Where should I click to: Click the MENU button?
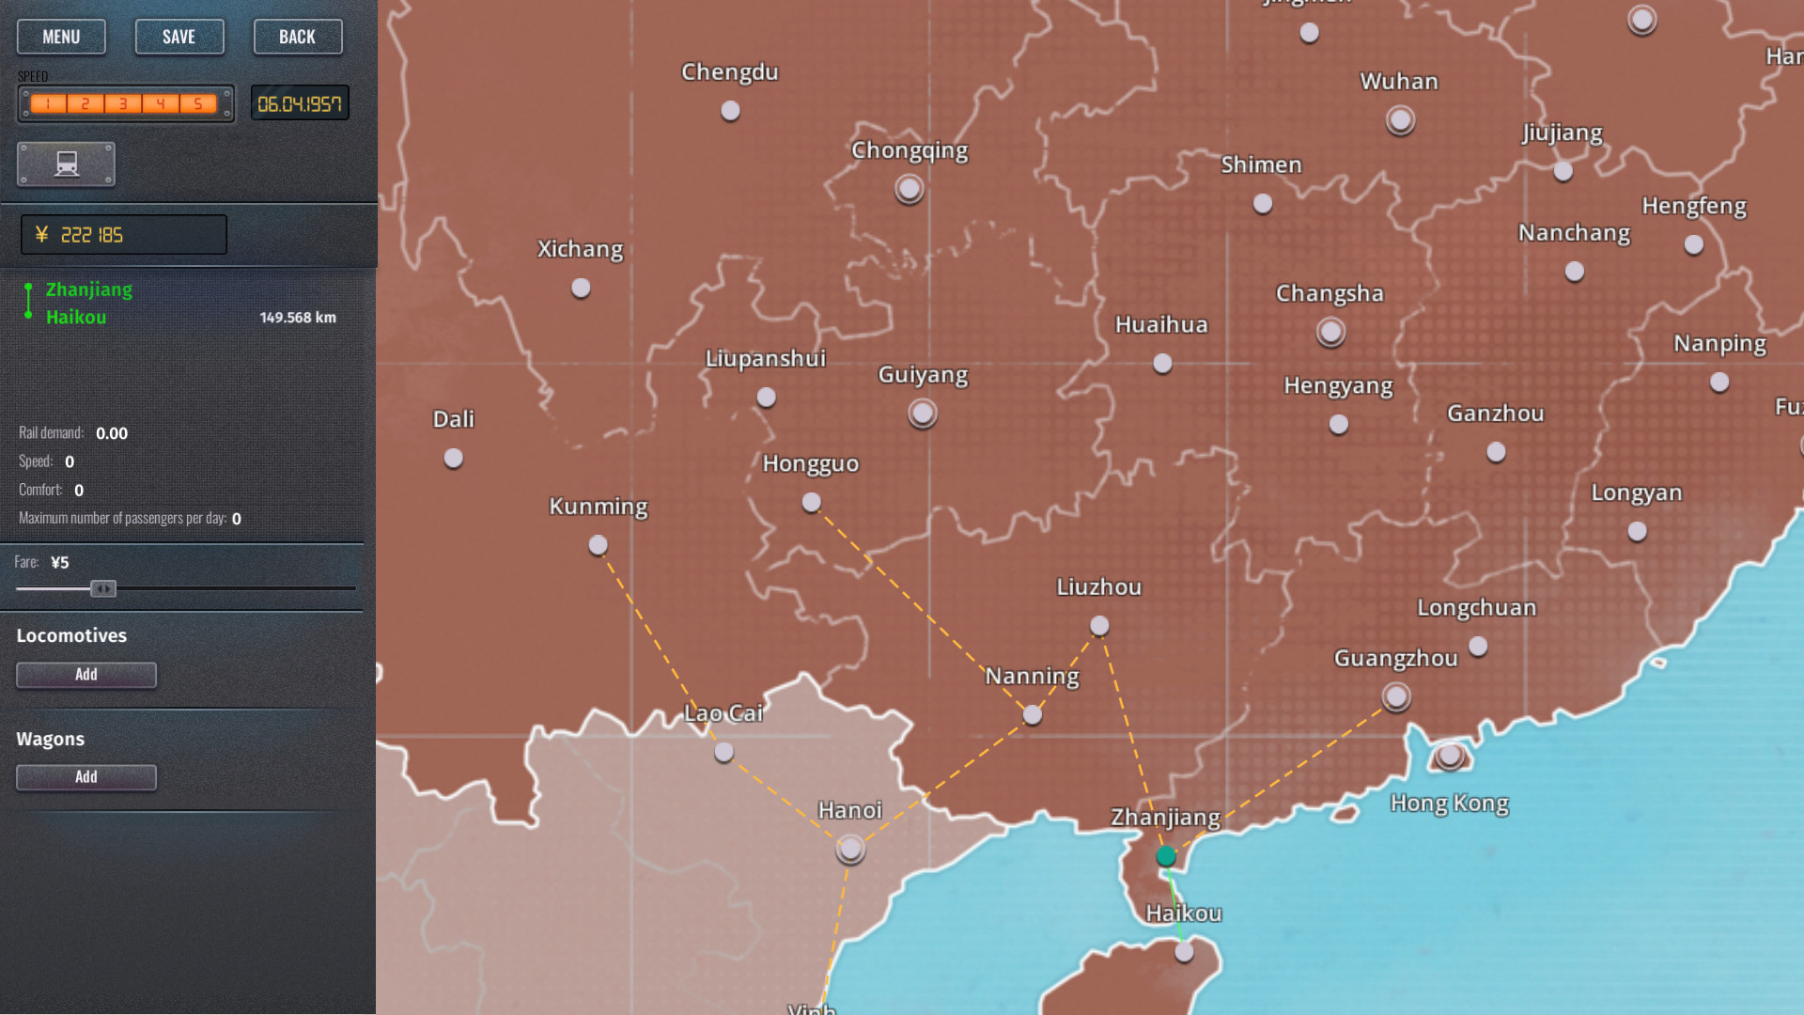click(x=61, y=37)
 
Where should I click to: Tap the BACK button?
click(x=297, y=37)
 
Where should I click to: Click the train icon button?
click(x=66, y=164)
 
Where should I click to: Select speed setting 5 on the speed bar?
click(x=198, y=103)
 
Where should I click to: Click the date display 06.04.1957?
click(x=300, y=103)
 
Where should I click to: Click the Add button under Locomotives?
click(x=86, y=675)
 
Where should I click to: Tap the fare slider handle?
click(x=103, y=588)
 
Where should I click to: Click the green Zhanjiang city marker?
click(x=1166, y=856)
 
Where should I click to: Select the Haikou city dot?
click(x=1184, y=952)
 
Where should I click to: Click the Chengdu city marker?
click(x=730, y=111)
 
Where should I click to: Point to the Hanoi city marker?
click(x=850, y=850)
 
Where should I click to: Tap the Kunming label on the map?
click(x=599, y=507)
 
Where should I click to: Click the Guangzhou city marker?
click(x=1396, y=696)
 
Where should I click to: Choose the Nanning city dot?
click(x=1033, y=715)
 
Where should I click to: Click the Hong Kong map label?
click(x=1449, y=804)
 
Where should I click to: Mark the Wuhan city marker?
click(x=1400, y=120)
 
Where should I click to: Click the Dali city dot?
click(x=454, y=459)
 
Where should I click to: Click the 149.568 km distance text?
click(x=298, y=318)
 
